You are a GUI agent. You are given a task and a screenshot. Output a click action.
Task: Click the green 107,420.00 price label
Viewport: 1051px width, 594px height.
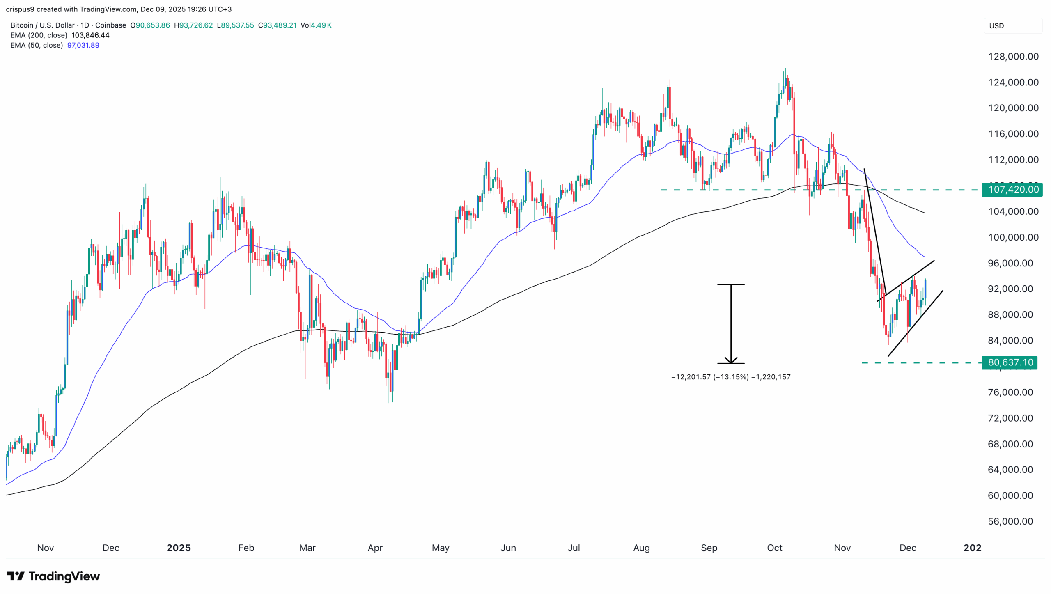tap(1012, 190)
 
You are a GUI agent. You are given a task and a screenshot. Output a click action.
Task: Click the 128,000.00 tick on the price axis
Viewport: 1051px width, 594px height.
tap(1013, 57)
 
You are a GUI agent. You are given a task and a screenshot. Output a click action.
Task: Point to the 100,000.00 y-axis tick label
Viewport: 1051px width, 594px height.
tap(1013, 237)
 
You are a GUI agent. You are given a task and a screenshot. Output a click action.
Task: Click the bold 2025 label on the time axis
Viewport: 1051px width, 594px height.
tap(179, 548)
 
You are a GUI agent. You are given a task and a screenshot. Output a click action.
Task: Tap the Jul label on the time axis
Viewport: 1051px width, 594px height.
tap(574, 548)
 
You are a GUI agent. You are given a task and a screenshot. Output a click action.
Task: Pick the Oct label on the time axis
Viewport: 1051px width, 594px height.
tap(774, 548)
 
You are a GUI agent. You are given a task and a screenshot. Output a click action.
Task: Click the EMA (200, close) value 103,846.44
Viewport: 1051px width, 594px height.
tap(90, 35)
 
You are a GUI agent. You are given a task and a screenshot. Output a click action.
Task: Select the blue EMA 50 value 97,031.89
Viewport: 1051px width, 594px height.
tap(83, 45)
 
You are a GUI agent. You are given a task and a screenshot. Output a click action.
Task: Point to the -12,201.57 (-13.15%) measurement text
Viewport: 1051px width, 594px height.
tap(710, 377)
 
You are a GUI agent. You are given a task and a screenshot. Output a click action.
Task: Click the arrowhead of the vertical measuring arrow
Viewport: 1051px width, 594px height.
tap(731, 360)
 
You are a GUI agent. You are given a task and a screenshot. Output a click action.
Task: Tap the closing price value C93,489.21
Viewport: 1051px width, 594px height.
tap(277, 25)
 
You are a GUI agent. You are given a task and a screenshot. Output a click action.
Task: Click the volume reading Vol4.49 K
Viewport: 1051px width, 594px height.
tap(316, 25)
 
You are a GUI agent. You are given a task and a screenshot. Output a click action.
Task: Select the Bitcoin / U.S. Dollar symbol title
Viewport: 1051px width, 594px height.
tap(43, 25)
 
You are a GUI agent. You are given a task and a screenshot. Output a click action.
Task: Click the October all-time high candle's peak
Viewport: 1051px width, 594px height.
tap(785, 69)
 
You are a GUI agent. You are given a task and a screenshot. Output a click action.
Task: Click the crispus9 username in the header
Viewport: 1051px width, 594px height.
tap(20, 9)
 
